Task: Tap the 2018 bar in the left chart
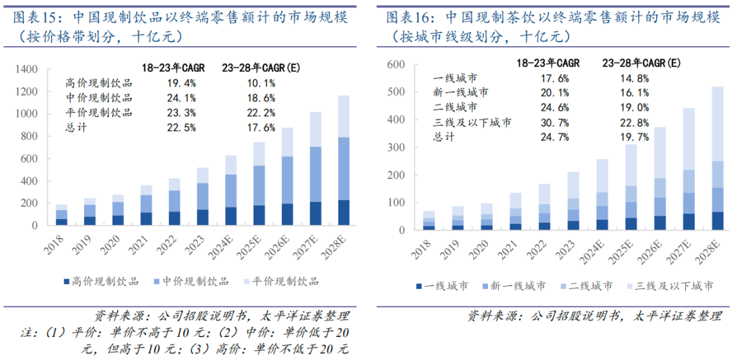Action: (62, 214)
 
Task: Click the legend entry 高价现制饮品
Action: (102, 281)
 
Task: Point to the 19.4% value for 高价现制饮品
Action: (181, 83)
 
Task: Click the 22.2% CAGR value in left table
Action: (262, 113)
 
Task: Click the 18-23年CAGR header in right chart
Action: (548, 62)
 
